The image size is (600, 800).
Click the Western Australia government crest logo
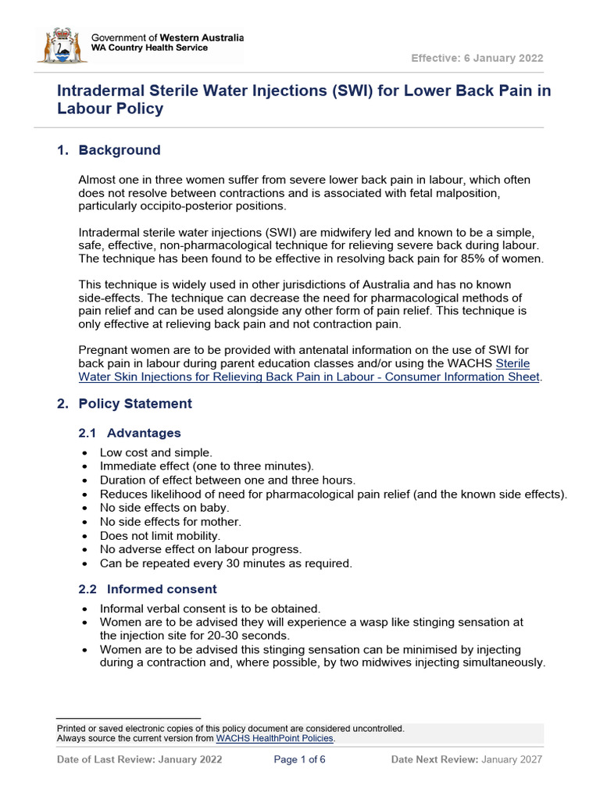62,45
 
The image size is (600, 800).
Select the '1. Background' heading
109,150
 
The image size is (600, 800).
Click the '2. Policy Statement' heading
124,404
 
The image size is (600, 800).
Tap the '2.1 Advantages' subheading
130,433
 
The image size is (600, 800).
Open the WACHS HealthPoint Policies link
274,738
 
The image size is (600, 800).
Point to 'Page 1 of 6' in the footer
299,759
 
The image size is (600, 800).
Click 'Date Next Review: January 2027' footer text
466,759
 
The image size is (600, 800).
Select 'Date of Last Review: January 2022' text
140,759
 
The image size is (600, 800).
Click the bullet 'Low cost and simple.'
155,452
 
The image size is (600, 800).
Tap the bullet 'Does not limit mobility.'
160,536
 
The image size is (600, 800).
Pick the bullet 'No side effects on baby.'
164,508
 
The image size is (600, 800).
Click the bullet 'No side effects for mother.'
170,522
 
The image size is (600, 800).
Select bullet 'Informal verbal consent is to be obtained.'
210,609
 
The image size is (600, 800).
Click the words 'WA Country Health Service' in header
150,48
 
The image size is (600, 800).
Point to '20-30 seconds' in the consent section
251,636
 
